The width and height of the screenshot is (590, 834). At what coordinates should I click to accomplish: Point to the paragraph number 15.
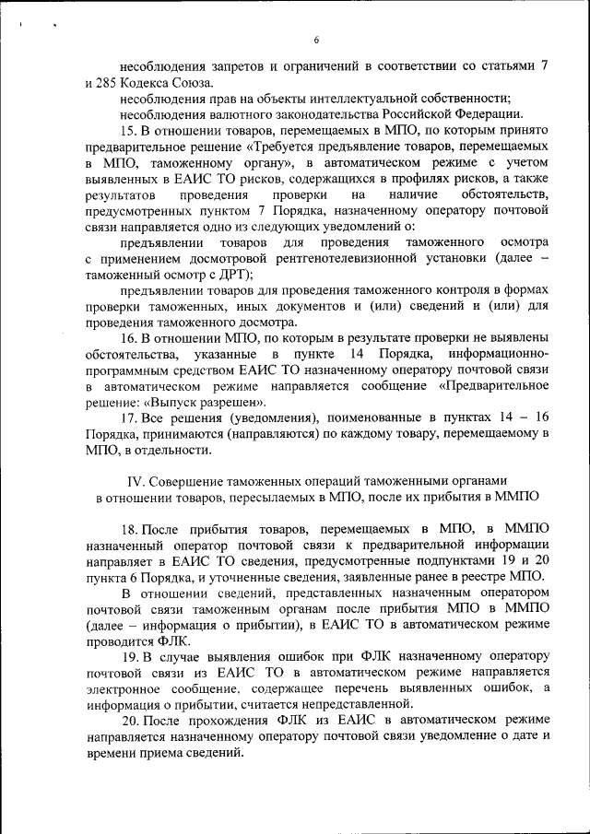point(128,131)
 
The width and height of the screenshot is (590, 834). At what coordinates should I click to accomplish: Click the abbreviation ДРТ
point(235,274)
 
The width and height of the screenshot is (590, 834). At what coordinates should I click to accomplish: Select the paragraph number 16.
point(128,338)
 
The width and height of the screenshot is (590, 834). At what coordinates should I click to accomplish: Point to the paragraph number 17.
point(128,417)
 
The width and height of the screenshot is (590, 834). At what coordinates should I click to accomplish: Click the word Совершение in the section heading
point(190,481)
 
